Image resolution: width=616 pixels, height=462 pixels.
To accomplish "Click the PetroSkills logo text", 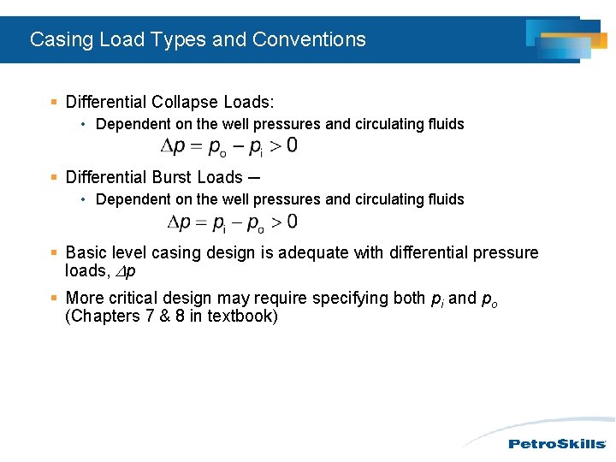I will point(557,443).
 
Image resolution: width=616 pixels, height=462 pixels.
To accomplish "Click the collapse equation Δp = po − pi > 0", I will point(229,146).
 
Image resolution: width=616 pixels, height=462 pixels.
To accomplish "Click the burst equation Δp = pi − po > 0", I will point(232,222).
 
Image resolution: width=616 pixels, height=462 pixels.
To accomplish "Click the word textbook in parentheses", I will point(242,316).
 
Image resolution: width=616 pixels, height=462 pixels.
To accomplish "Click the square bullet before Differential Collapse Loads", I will point(54,103).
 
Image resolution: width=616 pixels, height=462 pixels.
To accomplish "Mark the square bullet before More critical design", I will point(54,298).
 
